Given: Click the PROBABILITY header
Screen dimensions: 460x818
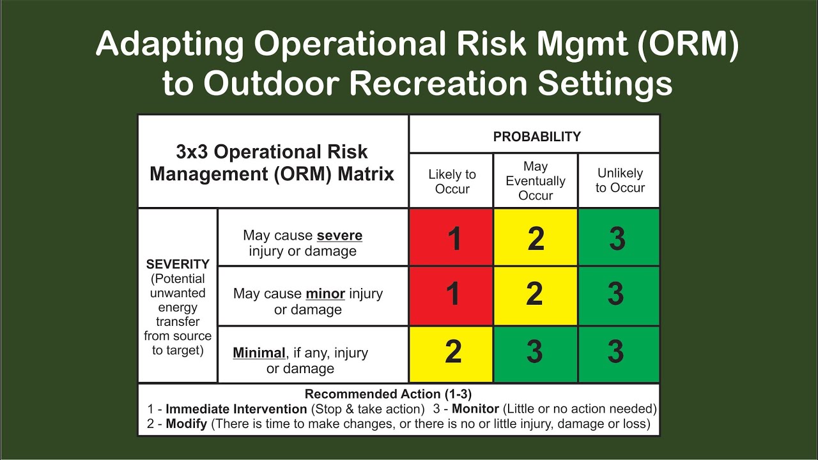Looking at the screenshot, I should click(536, 136).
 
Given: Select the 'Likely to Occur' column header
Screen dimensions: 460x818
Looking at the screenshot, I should click(452, 181).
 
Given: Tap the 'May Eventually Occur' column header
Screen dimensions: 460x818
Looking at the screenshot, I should click(536, 181).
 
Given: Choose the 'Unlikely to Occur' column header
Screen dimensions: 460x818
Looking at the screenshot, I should click(619, 180).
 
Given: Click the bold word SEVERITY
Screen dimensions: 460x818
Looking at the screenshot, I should click(178, 264).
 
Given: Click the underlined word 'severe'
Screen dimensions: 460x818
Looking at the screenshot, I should click(339, 235).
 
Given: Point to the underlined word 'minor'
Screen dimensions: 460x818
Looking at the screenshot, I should click(325, 294).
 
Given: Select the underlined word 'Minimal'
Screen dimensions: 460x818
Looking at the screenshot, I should click(259, 353).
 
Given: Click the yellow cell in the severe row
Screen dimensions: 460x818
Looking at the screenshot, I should click(536, 238).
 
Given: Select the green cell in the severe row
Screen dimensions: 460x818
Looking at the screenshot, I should click(618, 238).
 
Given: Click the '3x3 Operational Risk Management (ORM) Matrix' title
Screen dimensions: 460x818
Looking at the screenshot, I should click(272, 162).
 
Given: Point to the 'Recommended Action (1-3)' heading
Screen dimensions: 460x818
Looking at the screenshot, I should click(388, 394).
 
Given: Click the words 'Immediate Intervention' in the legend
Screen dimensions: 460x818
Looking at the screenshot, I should click(236, 409).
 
